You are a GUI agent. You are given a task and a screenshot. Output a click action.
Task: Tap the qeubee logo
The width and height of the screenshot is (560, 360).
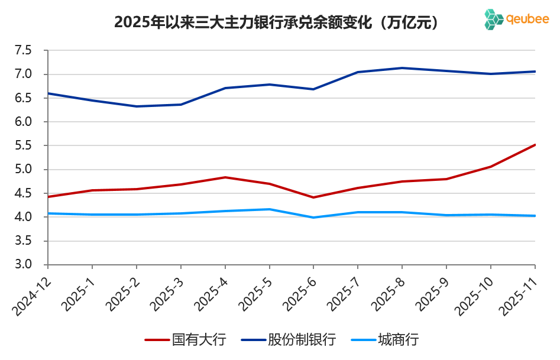click(516, 20)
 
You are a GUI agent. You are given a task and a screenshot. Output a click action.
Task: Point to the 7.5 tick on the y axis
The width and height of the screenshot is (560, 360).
click(31, 51)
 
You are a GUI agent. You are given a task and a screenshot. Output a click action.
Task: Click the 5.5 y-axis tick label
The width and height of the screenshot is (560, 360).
click(31, 146)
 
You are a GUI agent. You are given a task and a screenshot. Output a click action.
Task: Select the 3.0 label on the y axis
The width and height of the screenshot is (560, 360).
click(31, 265)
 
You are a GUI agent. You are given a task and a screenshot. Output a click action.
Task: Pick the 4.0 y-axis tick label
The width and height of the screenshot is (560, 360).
click(31, 217)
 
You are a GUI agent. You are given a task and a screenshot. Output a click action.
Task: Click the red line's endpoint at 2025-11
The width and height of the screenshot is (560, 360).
click(535, 145)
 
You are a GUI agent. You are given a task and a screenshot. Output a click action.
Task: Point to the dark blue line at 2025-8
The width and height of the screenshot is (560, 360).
click(402, 68)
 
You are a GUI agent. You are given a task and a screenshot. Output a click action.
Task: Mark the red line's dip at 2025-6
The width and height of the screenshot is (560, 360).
click(313, 197)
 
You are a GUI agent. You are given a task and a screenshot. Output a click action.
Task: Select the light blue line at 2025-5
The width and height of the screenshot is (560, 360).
click(269, 209)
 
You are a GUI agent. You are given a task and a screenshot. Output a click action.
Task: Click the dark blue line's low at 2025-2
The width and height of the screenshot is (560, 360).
click(137, 106)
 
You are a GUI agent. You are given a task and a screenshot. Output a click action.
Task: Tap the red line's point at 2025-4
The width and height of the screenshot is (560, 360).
click(225, 177)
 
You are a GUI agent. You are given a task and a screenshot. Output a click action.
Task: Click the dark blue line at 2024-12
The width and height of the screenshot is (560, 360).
click(48, 93)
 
